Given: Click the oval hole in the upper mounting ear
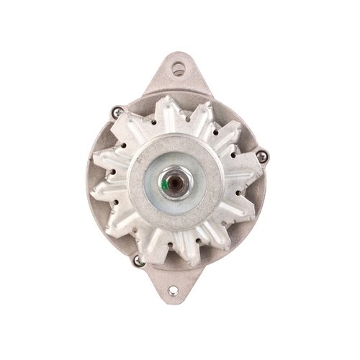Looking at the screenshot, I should coord(178,69).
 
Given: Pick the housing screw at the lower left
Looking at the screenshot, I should coord(137,261).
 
